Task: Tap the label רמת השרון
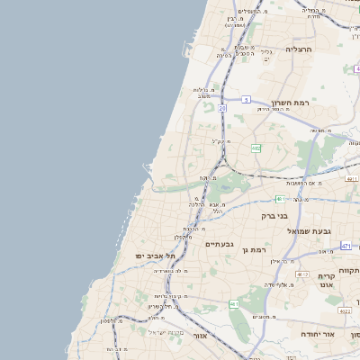(x=290, y=103)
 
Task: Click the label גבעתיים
(x=219, y=244)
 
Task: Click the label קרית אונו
(x=327, y=279)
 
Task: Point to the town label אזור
(x=201, y=336)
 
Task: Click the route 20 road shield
(x=221, y=108)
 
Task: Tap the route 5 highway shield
(x=246, y=100)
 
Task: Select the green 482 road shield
(x=256, y=148)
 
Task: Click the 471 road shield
(x=346, y=245)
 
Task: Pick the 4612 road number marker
(x=301, y=274)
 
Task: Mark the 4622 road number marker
(x=345, y=310)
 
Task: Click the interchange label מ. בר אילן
(x=284, y=261)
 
